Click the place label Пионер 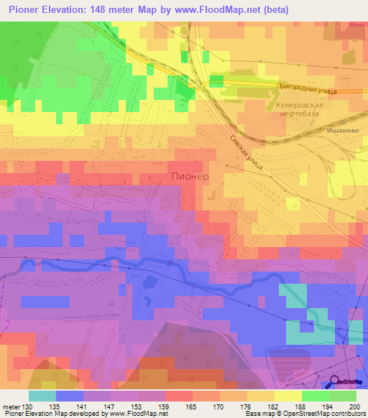tap(190, 175)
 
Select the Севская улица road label tap(247, 151)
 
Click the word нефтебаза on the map tap(300, 115)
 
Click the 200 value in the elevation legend tap(354, 407)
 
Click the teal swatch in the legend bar tap(42, 396)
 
